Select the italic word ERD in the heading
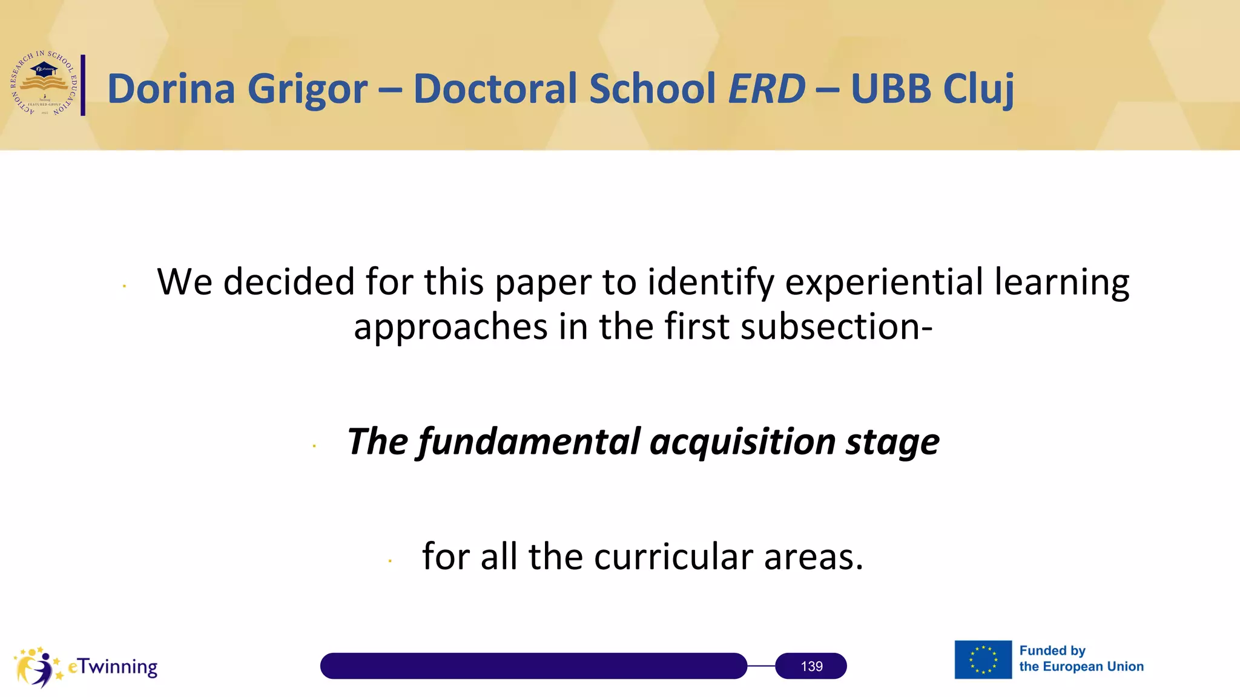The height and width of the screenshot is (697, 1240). click(x=767, y=89)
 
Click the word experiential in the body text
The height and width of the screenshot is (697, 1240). click(x=884, y=283)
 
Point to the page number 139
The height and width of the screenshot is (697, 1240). click(x=811, y=666)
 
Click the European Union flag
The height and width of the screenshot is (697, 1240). click(x=983, y=659)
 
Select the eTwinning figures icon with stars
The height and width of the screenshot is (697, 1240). click(x=38, y=667)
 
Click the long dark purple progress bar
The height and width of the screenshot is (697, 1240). click(x=533, y=666)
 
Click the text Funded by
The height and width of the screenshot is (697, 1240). click(x=1052, y=651)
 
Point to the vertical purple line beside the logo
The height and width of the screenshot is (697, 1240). click(x=83, y=85)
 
